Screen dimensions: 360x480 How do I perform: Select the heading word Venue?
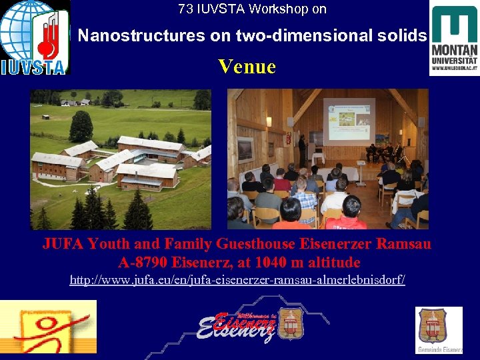[247, 66]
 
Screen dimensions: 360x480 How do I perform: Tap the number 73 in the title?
[185, 9]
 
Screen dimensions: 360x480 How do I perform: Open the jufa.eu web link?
[237, 279]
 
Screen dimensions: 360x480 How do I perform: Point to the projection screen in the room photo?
[349, 121]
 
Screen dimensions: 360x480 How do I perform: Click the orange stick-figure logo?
[48, 327]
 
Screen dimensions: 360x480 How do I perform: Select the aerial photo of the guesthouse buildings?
[121, 159]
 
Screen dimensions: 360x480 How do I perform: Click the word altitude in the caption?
[334, 262]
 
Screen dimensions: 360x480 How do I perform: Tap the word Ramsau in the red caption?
[403, 244]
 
